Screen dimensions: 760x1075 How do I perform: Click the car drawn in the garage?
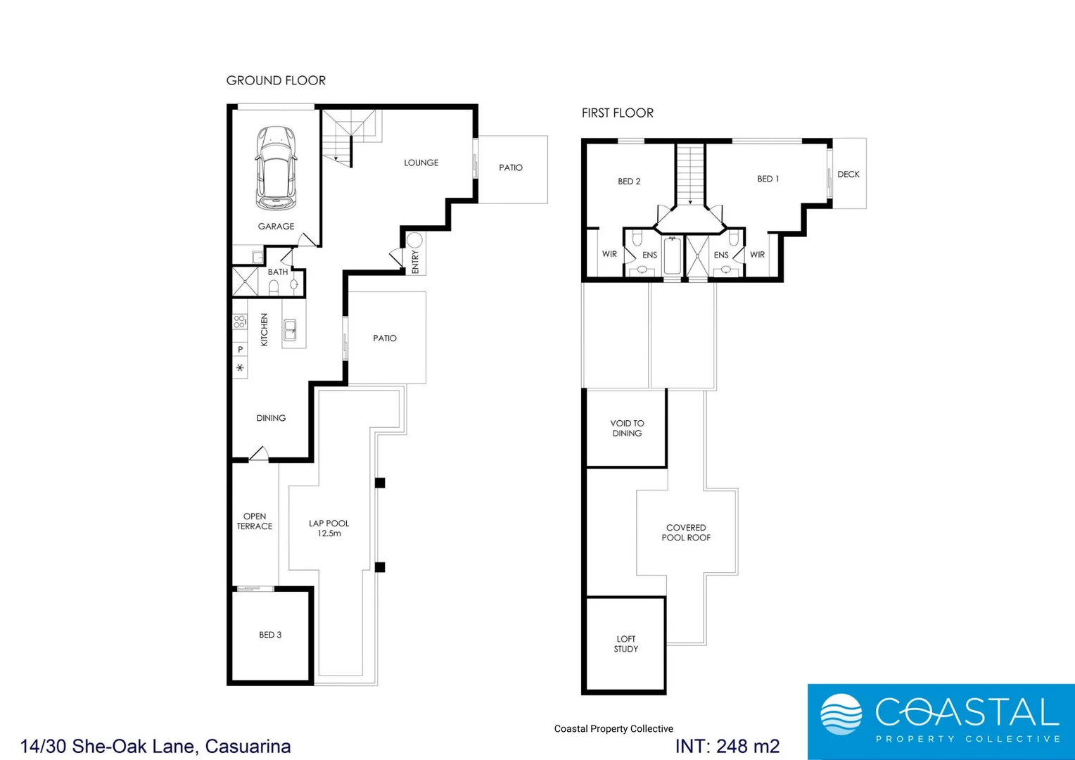(276, 168)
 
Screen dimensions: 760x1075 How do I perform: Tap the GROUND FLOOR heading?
(276, 81)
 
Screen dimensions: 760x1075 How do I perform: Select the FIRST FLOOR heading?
(617, 113)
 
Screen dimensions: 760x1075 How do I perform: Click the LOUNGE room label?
(421, 163)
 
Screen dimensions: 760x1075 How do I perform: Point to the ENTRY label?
(415, 262)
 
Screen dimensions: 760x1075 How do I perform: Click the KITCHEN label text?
(265, 329)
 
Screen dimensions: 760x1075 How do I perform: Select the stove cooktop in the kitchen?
(240, 322)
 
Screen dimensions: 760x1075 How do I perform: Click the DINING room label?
(271, 418)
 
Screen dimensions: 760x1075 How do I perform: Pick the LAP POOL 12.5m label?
(329, 528)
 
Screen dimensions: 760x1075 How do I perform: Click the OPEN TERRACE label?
(255, 521)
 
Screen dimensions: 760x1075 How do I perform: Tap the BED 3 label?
(270, 635)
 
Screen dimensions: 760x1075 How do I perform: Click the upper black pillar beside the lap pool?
(380, 483)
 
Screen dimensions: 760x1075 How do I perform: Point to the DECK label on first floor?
(848, 175)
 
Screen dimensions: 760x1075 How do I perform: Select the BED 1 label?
(768, 179)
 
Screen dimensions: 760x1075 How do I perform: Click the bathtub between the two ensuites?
(672, 256)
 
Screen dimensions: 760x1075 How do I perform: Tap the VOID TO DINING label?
(627, 429)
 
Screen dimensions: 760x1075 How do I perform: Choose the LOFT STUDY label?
(625, 644)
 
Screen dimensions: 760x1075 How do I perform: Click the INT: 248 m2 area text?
(727, 746)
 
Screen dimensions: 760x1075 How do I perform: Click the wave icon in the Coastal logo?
(841, 714)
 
